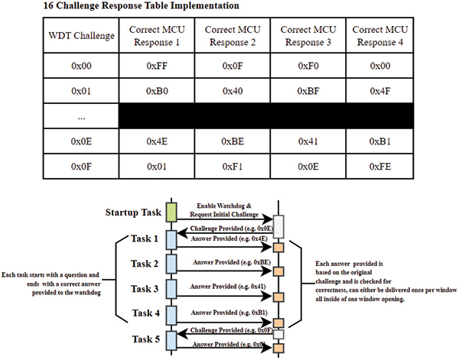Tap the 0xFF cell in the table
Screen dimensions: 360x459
click(156, 66)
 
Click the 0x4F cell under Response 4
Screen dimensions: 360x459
click(380, 90)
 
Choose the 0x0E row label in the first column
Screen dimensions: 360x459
click(81, 141)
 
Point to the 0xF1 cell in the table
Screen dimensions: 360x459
click(232, 165)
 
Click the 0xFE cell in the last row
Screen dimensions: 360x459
click(380, 165)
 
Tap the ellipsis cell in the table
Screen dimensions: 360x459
click(81, 116)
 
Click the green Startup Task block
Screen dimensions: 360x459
click(172, 210)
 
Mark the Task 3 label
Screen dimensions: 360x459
click(147, 289)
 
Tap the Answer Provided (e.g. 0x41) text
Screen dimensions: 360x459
click(229, 287)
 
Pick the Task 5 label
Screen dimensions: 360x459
click(147, 339)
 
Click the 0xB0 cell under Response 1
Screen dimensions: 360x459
click(156, 90)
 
